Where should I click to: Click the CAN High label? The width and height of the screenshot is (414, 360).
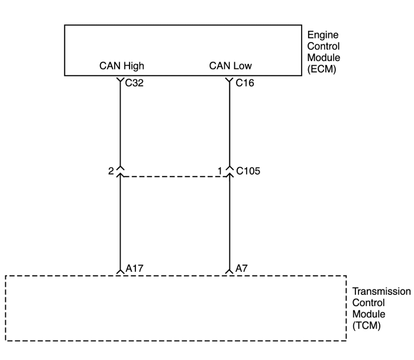pyautogui.click(x=121, y=66)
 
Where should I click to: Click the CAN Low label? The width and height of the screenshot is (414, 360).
pyautogui.click(x=230, y=66)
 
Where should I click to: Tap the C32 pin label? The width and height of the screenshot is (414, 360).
pyautogui.click(x=134, y=83)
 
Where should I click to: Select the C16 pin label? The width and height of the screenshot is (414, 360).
pyautogui.click(x=244, y=83)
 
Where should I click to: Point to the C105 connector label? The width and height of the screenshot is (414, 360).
pyautogui.click(x=249, y=172)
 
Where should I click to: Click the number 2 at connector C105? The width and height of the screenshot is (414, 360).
pyautogui.click(x=111, y=171)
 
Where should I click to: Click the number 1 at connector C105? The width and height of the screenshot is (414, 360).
pyautogui.click(x=220, y=171)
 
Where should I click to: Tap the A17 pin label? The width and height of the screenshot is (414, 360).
pyautogui.click(x=135, y=268)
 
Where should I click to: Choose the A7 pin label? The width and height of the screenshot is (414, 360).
pyautogui.click(x=241, y=268)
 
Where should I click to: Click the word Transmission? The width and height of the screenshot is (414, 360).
pyautogui.click(x=381, y=292)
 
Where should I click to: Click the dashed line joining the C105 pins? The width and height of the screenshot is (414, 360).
pyautogui.click(x=175, y=176)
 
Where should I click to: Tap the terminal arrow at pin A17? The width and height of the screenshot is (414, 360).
pyautogui.click(x=121, y=271)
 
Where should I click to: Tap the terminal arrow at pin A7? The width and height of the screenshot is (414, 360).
pyautogui.click(x=229, y=271)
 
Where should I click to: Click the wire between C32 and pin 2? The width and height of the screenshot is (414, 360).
pyautogui.click(x=121, y=124)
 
